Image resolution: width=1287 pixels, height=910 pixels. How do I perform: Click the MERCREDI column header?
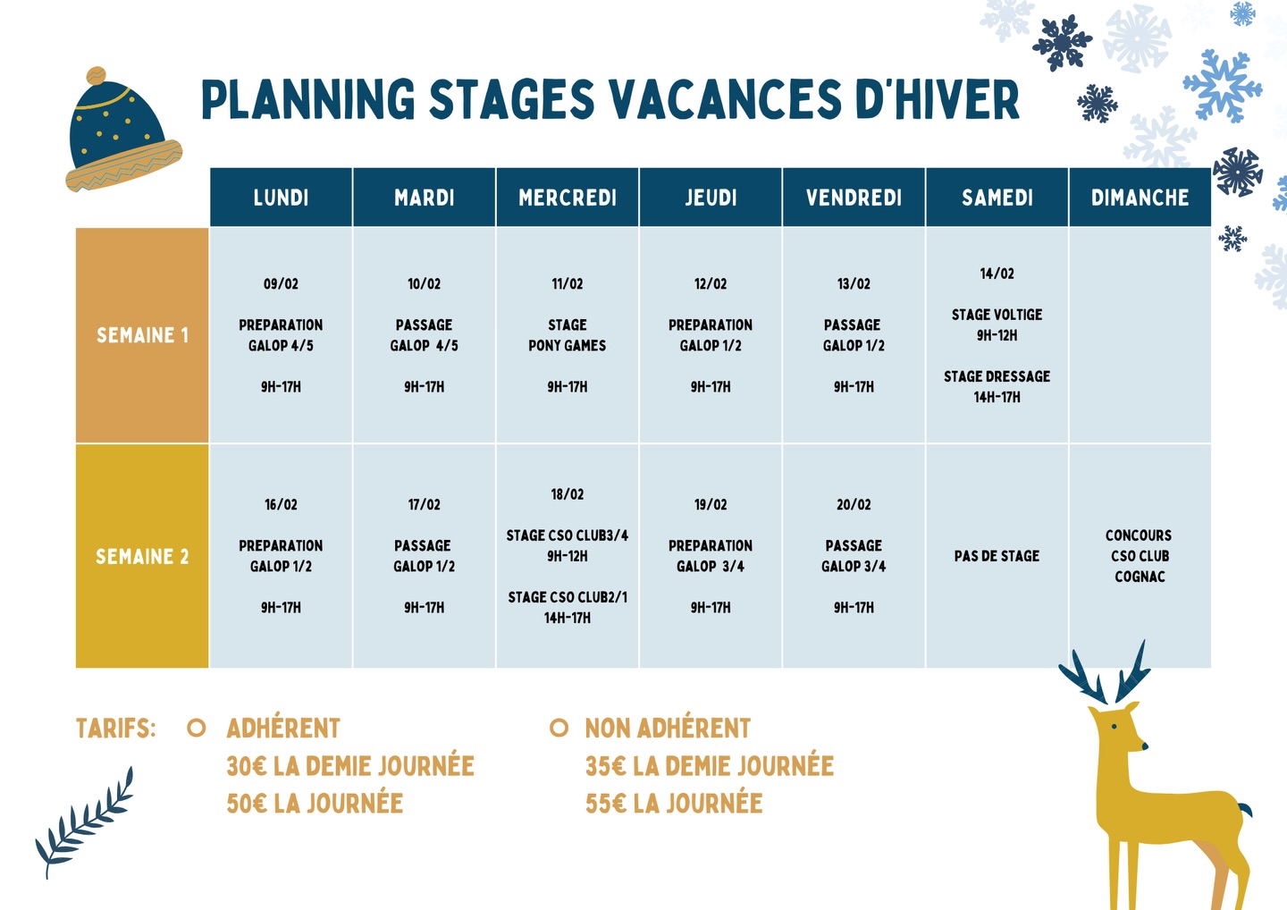click(x=567, y=198)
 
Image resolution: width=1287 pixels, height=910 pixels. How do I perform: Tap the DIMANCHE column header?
click(x=1140, y=198)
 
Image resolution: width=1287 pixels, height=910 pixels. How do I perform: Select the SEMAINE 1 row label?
click(x=142, y=335)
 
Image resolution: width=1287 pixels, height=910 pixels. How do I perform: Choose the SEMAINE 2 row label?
click(x=142, y=556)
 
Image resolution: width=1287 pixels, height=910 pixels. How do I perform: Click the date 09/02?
click(x=281, y=283)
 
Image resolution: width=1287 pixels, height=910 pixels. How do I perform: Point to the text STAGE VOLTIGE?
click(x=997, y=315)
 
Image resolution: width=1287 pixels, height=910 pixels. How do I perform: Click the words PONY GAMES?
click(x=567, y=345)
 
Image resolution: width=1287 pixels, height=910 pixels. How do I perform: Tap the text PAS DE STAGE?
click(x=997, y=556)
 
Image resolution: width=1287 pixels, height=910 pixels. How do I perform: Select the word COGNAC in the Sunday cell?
click(x=1140, y=577)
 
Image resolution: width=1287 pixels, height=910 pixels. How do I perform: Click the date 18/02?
click(x=567, y=494)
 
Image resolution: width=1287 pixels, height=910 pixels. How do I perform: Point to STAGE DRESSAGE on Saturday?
click(x=997, y=376)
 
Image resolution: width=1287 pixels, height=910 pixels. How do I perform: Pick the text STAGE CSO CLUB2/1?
click(x=567, y=597)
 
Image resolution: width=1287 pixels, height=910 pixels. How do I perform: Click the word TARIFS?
click(x=115, y=728)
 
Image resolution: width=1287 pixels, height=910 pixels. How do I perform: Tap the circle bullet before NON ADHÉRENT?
click(x=559, y=728)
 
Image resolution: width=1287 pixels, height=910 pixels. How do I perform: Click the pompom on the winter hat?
click(x=96, y=76)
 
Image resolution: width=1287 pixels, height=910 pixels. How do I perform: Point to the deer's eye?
click(x=1115, y=727)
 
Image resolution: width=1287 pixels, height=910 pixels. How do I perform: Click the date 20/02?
click(x=854, y=504)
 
